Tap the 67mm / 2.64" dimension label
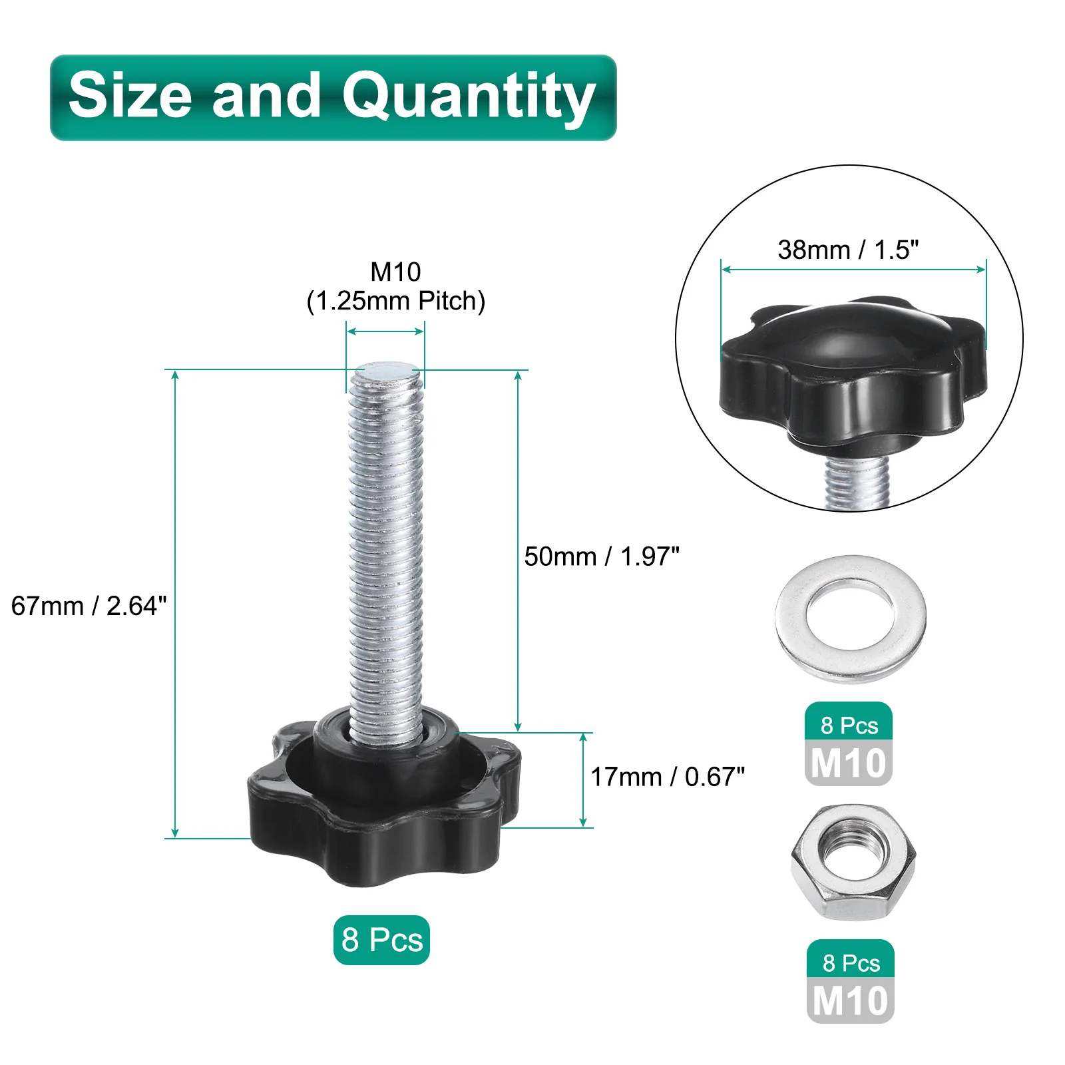89,606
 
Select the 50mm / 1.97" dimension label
602,556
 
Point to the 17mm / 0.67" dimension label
668,777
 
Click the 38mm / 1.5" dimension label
848,250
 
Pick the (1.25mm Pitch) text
395,302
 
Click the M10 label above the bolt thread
395,272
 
